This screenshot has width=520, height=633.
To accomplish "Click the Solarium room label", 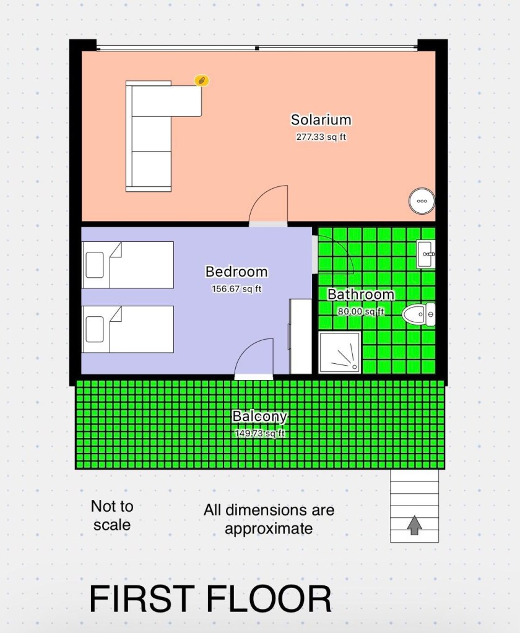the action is coord(321,120).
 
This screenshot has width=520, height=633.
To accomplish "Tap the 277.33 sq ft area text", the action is coord(321,137).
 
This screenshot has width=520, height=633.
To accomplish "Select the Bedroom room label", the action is coord(236,272).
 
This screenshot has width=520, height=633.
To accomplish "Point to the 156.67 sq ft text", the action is coord(236,289).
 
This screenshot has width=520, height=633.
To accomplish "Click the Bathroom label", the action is coord(360,295).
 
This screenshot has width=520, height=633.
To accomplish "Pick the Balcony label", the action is coord(259,416).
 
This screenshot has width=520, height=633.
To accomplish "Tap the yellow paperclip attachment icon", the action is coord(201,80).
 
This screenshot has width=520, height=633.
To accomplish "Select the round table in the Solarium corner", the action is coord(422,201).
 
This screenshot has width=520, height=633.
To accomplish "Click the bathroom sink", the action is coord(426,254).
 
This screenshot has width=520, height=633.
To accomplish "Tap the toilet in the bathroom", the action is coord(419,314).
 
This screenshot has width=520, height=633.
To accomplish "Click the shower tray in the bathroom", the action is coord(339,353).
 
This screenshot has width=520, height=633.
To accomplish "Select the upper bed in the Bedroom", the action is coord(128,265).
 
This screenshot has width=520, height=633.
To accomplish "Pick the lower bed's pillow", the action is coord(95,329).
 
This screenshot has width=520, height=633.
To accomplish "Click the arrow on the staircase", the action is coord(414,525).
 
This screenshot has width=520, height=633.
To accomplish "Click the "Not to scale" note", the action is coord(112,515).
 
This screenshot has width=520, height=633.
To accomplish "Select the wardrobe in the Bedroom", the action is coord(300,337).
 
